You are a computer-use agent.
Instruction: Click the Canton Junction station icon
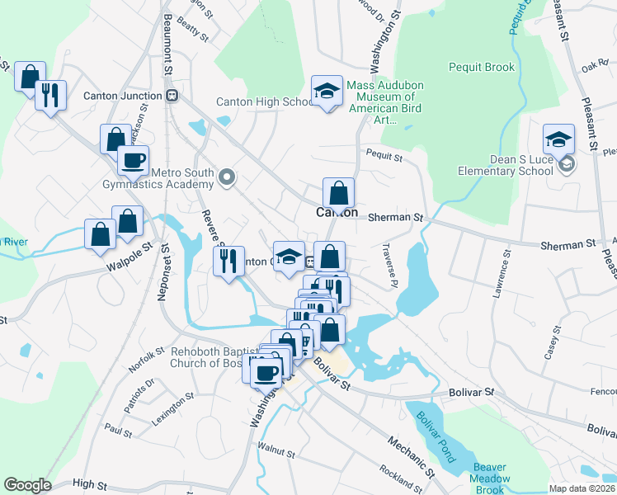(172, 96)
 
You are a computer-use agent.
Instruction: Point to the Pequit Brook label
(482, 67)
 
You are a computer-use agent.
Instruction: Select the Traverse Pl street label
(389, 265)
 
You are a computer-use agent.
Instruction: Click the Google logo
(27, 485)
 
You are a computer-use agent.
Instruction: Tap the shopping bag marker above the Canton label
(338, 194)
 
